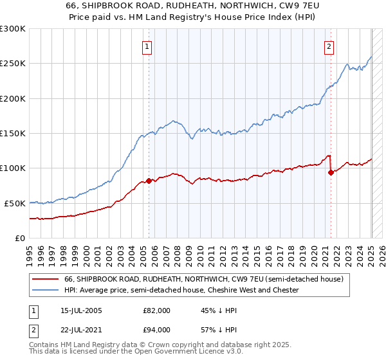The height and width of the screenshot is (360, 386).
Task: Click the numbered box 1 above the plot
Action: point(147,46)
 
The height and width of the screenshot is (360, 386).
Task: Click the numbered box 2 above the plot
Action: point(329,46)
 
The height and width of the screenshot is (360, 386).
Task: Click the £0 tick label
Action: point(21,238)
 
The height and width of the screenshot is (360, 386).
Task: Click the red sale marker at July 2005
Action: point(149,181)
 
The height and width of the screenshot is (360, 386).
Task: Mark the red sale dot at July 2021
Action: point(331,172)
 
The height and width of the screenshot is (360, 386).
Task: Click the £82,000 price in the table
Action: point(156,310)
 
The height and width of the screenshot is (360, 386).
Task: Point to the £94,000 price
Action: point(156,330)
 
